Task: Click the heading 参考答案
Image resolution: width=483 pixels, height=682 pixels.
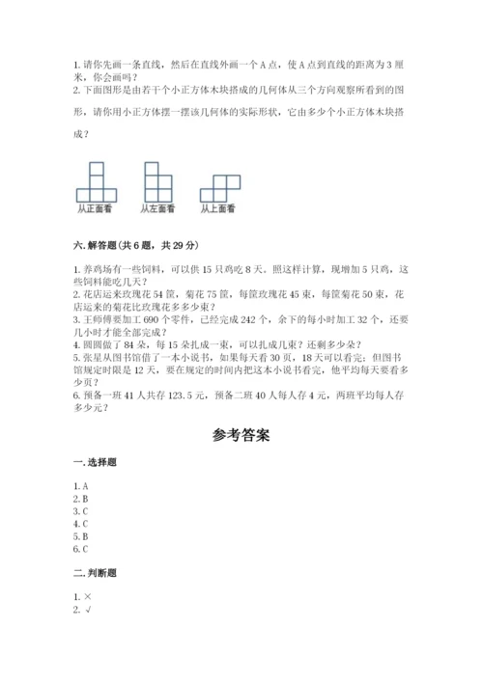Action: coord(241,436)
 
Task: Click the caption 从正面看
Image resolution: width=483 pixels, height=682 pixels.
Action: coord(95,208)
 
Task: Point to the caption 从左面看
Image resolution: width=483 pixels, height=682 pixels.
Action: coord(157,208)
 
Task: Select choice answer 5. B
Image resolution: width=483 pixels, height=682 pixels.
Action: coord(81,535)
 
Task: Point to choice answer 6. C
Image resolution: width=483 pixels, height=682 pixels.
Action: coord(81,548)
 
